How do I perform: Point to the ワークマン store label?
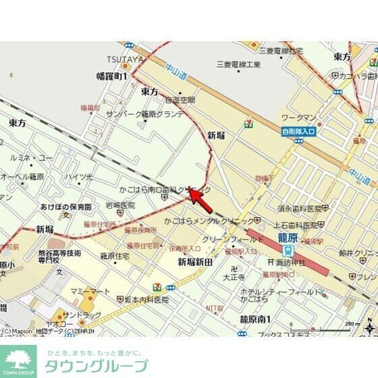[x=298, y=117]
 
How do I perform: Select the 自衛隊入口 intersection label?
[x=298, y=131]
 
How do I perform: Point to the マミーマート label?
[x=90, y=291]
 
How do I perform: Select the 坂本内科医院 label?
[x=147, y=299]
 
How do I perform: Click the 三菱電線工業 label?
[x=238, y=64]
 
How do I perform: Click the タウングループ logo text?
[x=96, y=366]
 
